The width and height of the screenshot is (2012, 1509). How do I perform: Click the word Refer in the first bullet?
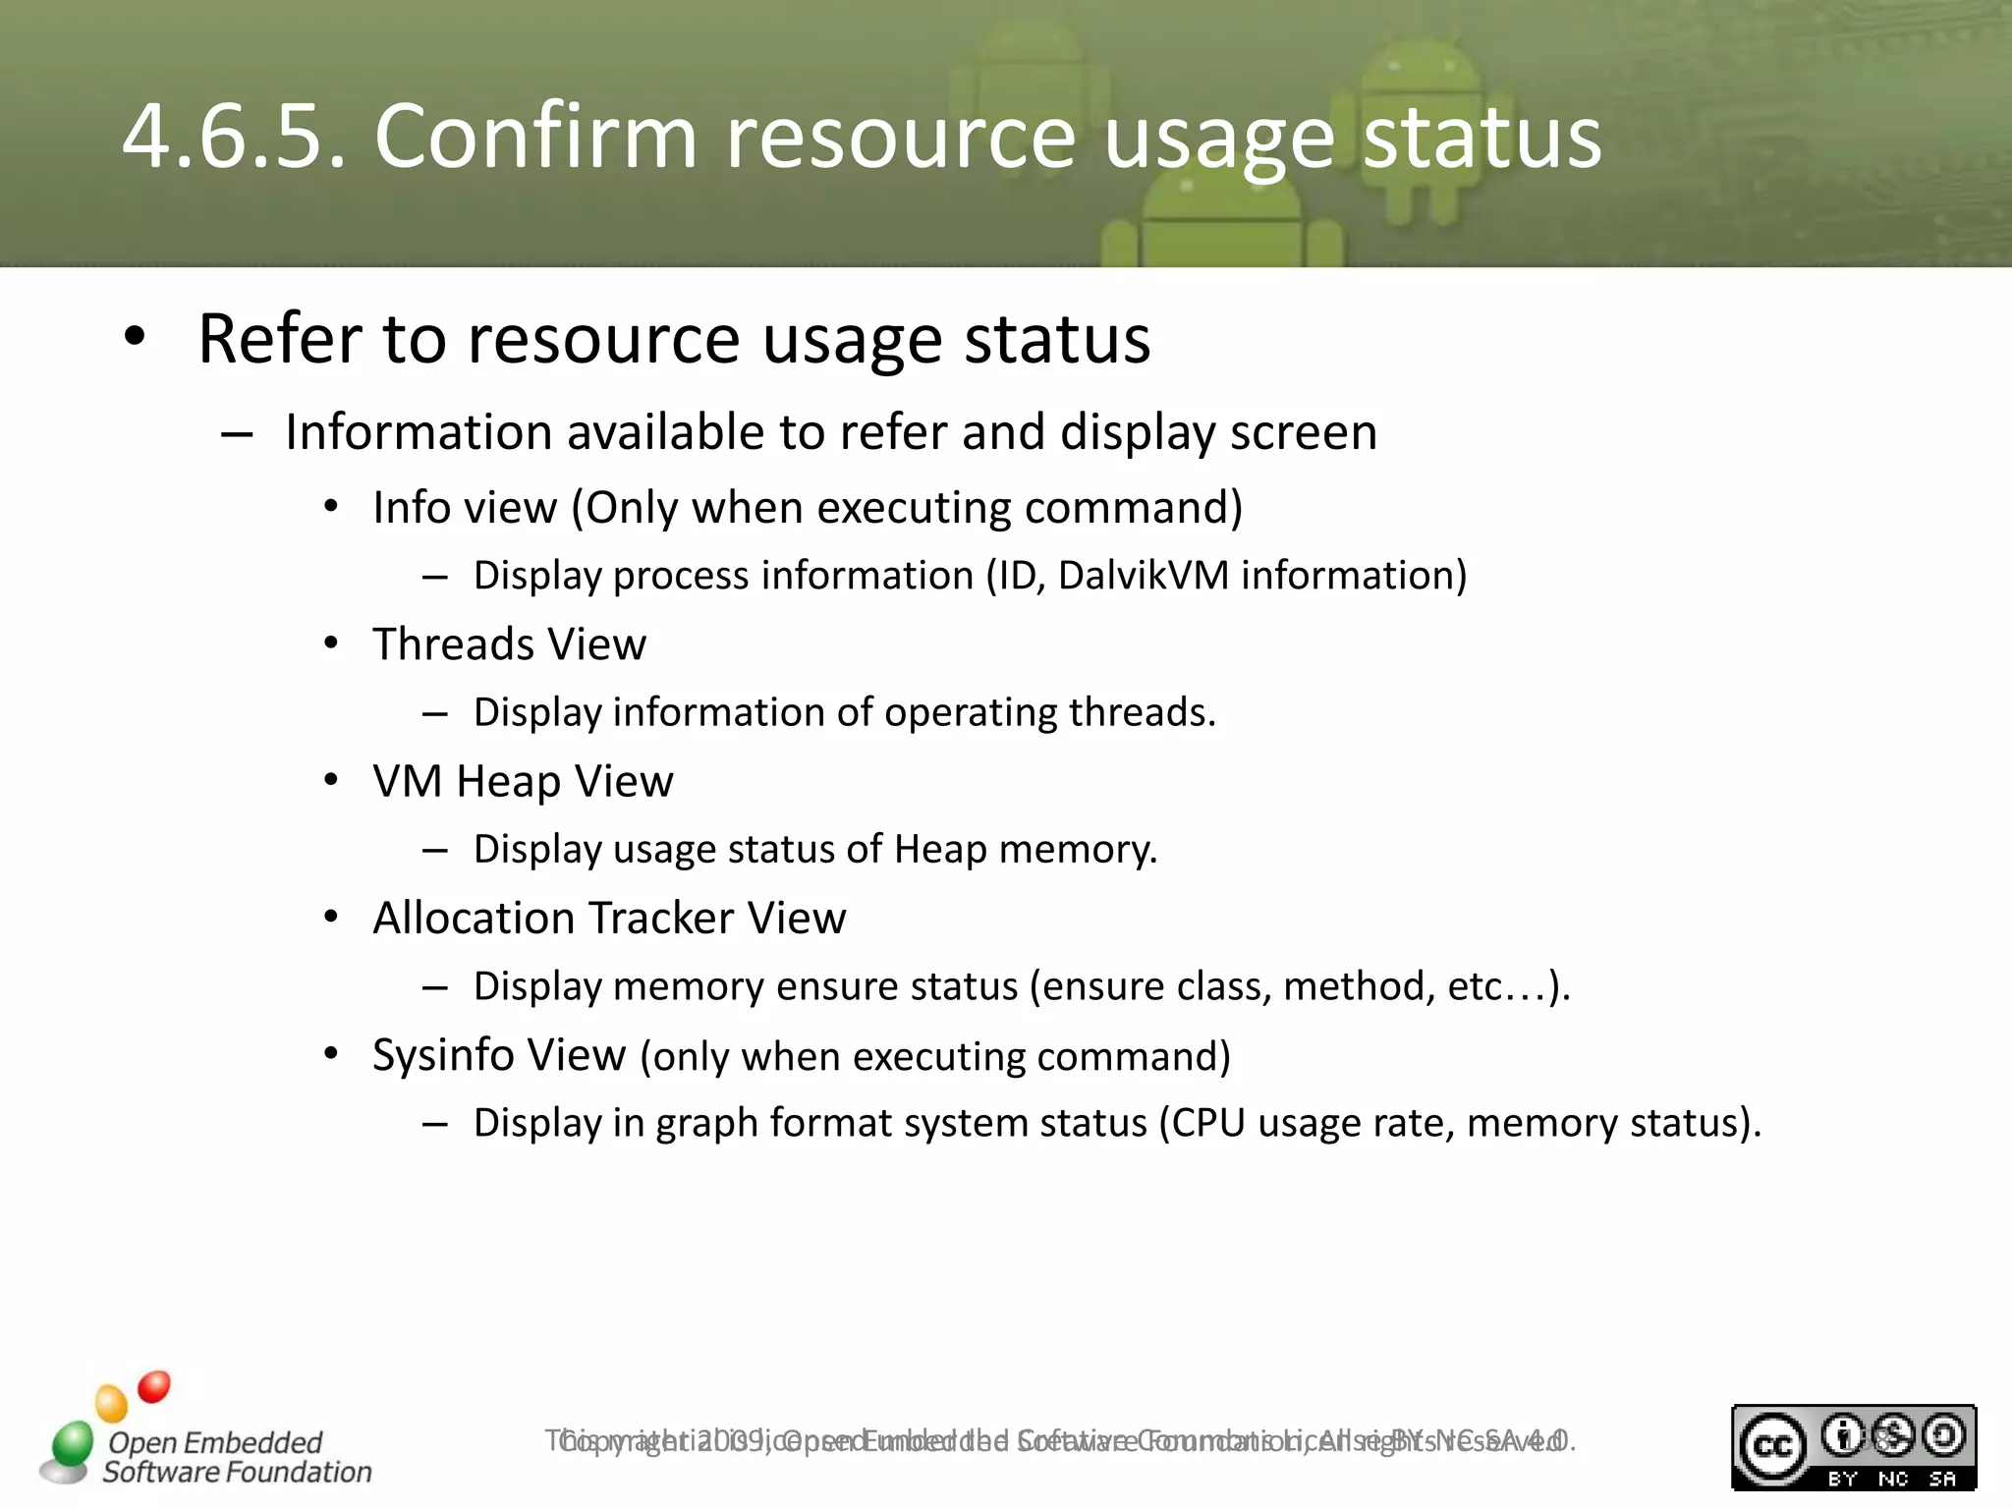[x=280, y=339]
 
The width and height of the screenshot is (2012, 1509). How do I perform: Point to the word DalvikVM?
[x=1144, y=576]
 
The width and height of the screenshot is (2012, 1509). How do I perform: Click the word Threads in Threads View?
[x=453, y=644]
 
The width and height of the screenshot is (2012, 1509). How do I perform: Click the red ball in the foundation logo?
[x=154, y=1387]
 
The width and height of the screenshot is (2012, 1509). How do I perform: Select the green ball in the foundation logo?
[x=72, y=1444]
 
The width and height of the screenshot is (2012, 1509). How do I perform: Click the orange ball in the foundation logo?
[x=112, y=1403]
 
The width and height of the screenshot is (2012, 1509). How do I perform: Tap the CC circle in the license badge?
[x=1773, y=1447]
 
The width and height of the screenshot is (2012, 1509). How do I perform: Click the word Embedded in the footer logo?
[x=252, y=1442]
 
